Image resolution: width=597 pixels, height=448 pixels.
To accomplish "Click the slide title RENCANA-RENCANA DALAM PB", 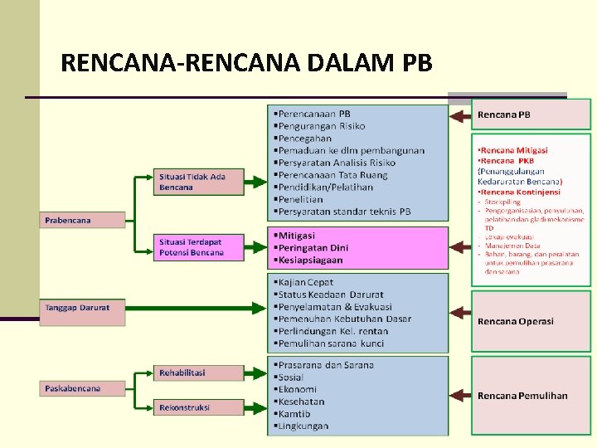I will click(x=246, y=63).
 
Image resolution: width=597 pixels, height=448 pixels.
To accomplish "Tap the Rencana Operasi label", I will click(x=515, y=321).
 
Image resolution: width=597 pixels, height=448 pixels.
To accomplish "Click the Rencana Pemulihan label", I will click(x=522, y=396).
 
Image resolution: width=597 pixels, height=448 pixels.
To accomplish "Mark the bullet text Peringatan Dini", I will click(x=313, y=248).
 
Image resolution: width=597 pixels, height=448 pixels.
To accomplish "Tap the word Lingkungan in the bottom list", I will click(x=303, y=426).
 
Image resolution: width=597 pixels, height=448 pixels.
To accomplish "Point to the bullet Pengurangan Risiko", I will click(x=322, y=126).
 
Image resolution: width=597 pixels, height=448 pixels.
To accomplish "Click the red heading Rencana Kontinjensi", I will click(x=520, y=192).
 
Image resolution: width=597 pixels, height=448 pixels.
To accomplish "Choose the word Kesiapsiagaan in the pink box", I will click(x=313, y=261).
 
